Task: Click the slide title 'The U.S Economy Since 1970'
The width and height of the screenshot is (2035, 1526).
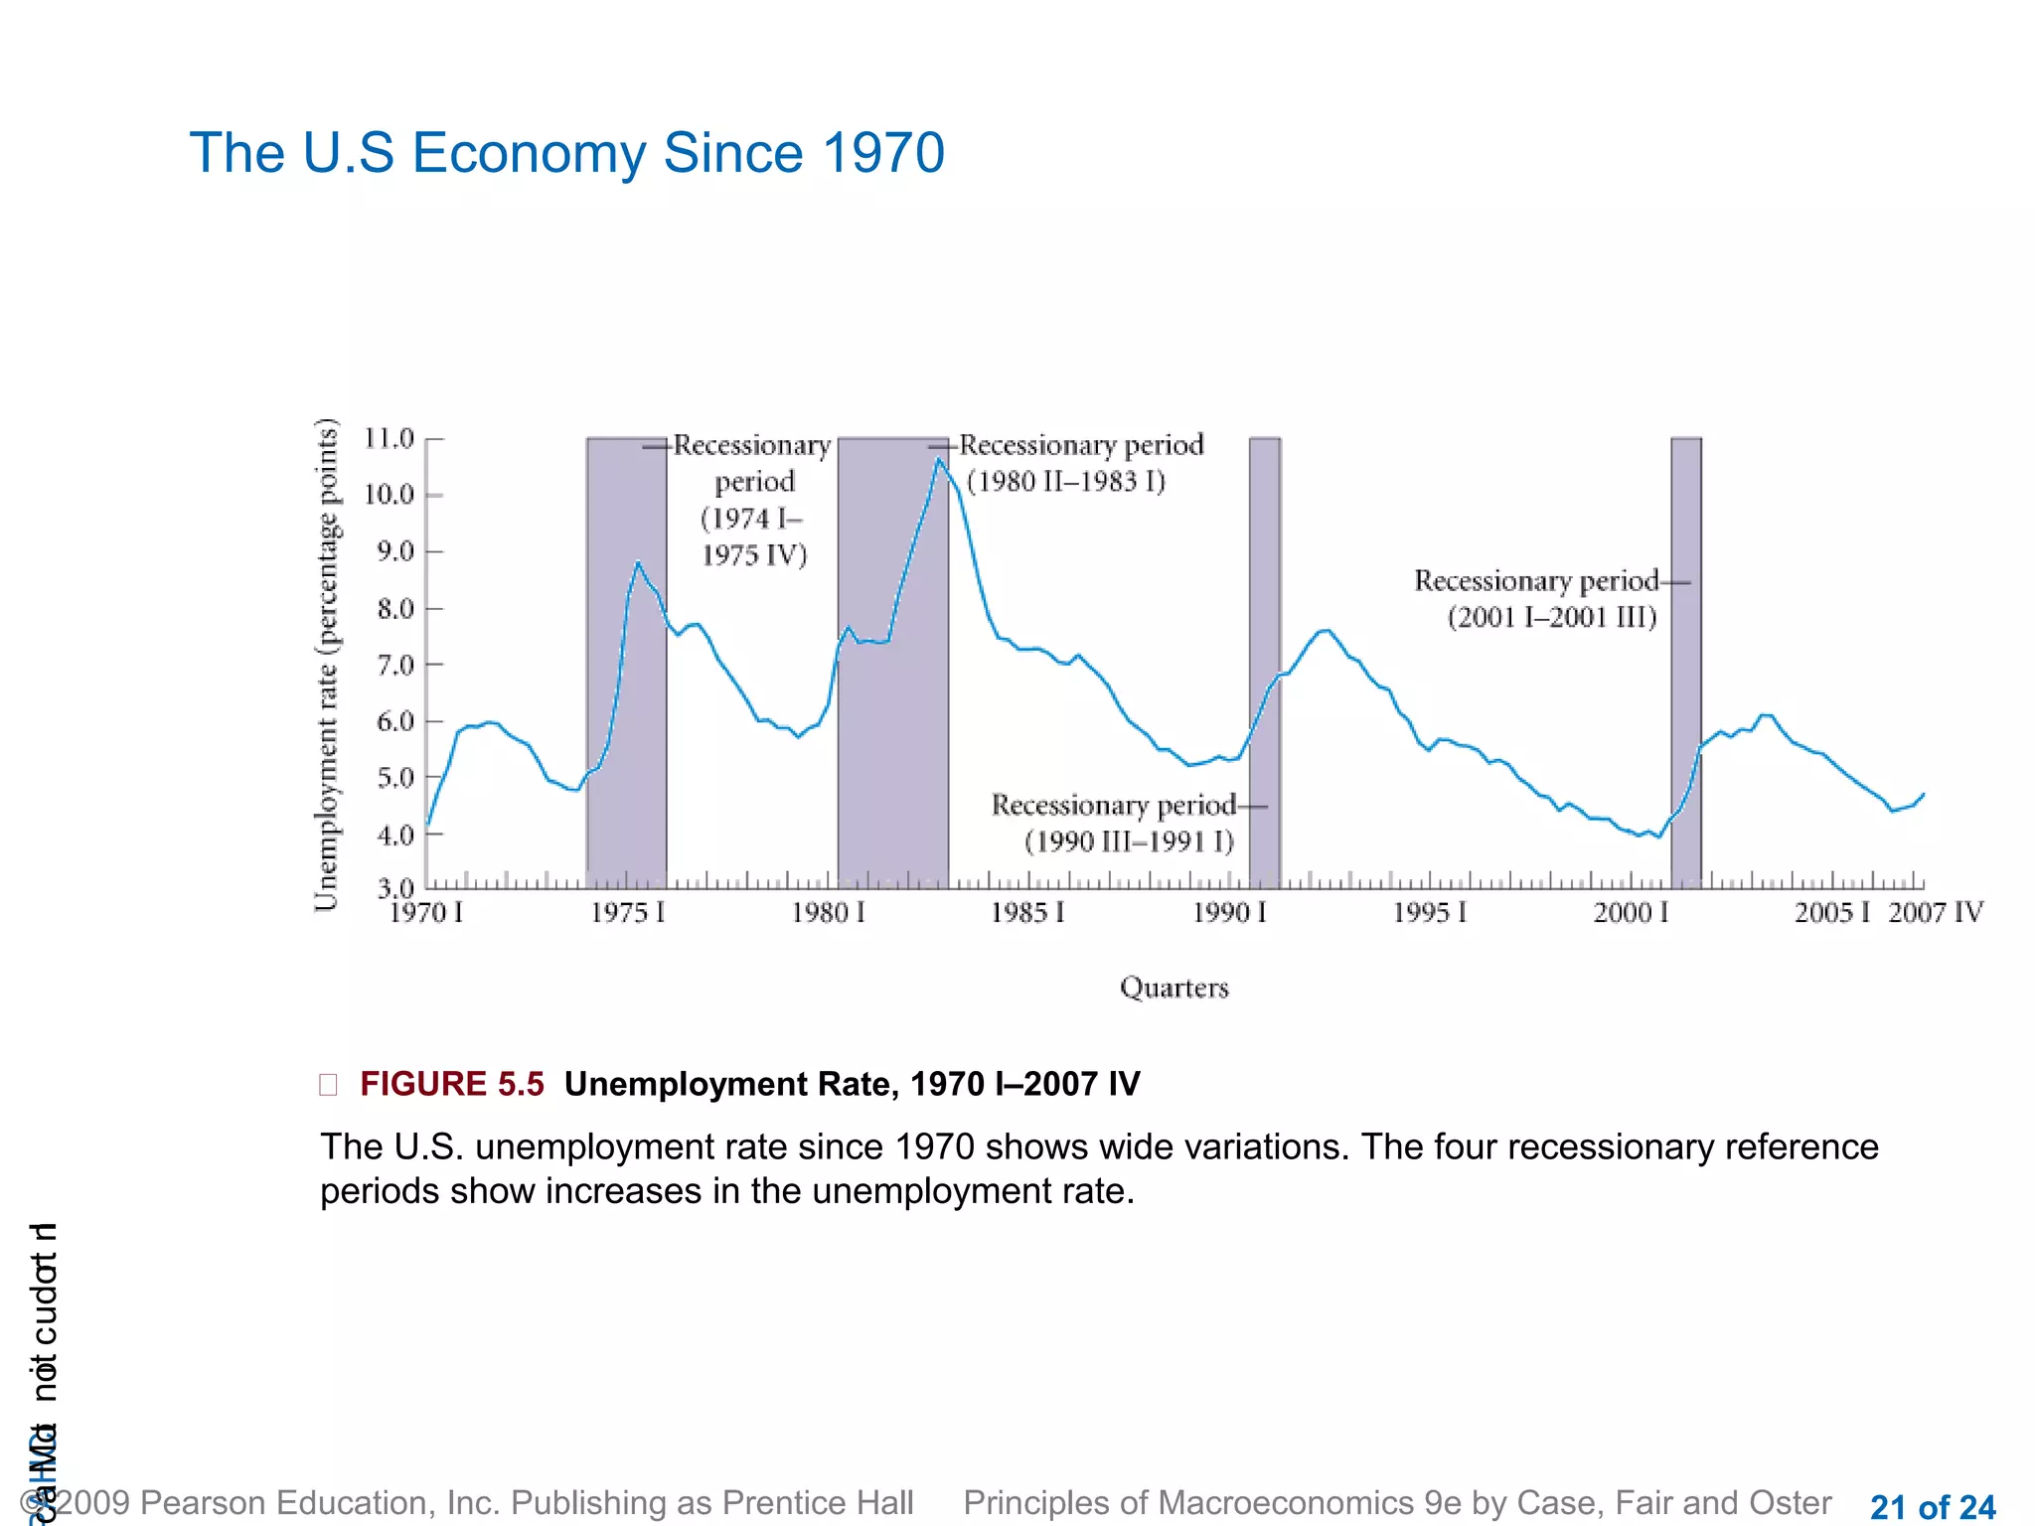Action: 566,153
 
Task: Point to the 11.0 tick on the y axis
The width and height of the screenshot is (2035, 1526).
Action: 389,438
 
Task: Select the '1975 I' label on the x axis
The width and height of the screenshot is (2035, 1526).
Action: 627,912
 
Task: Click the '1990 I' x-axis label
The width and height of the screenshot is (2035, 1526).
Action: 1229,912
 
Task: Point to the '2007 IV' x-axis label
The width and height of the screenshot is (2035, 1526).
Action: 1935,912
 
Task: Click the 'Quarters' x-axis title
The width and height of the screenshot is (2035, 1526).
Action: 1174,988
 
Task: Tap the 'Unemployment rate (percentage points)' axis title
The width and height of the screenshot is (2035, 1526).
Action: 327,664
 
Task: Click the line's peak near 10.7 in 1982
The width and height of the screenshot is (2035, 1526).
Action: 938,459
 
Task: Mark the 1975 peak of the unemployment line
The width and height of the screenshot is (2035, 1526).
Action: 638,563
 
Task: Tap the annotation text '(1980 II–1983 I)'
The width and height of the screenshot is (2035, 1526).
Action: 1065,482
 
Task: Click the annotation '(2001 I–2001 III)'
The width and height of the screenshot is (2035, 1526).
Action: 1551,617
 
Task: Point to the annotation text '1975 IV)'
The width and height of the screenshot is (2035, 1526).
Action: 754,555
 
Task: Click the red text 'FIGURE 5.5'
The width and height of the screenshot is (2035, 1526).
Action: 451,1084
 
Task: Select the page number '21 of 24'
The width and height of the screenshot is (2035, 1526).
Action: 1932,1507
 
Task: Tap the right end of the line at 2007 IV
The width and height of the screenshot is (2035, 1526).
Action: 1924,794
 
